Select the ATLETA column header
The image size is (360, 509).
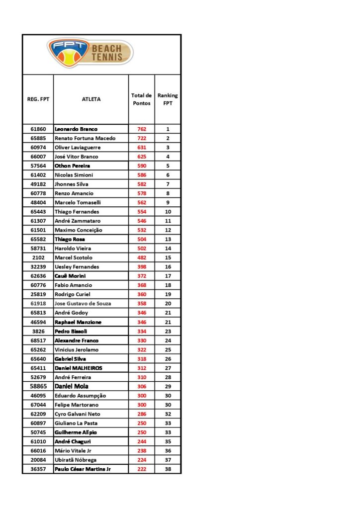(x=91, y=99)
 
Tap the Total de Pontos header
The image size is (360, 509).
(x=142, y=99)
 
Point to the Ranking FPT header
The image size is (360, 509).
(x=168, y=99)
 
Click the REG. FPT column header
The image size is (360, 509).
(x=38, y=99)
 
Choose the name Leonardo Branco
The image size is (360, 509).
(x=76, y=129)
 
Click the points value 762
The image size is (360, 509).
(x=142, y=129)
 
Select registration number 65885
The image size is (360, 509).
(x=38, y=138)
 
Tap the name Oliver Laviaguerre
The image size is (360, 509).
(x=78, y=147)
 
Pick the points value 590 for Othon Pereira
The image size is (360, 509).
(x=142, y=166)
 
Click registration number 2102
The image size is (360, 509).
(x=38, y=257)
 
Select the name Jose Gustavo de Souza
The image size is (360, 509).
(x=83, y=303)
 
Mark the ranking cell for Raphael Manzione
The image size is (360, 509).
(x=168, y=322)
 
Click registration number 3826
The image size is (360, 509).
(x=38, y=331)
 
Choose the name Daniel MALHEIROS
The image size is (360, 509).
(x=79, y=368)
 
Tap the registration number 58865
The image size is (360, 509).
(x=38, y=386)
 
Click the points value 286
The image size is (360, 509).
(x=142, y=414)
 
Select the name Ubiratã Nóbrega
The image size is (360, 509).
(x=76, y=460)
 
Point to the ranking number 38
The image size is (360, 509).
(x=168, y=469)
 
